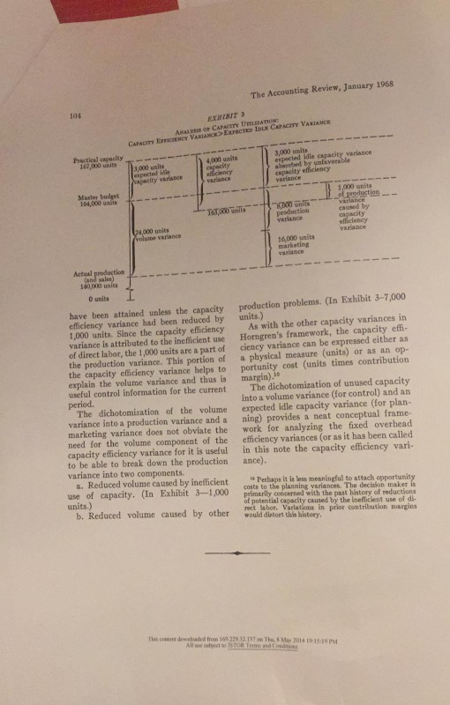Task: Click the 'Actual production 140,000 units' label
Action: (x=88, y=254)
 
